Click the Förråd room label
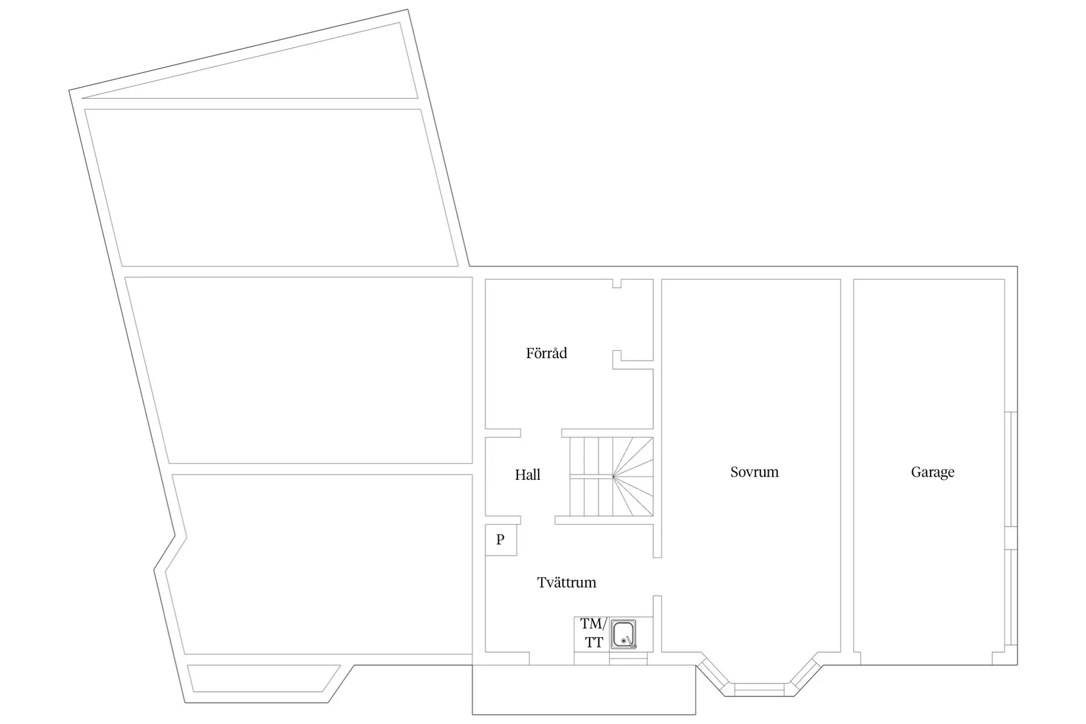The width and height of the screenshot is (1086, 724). click(x=546, y=353)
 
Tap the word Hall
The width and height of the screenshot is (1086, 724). click(x=527, y=475)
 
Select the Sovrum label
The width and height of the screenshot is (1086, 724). click(x=754, y=473)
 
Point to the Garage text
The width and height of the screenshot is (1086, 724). click(x=932, y=473)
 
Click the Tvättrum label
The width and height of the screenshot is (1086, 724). click(x=566, y=582)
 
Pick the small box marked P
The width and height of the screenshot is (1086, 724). click(x=501, y=540)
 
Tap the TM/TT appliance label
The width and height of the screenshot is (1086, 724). click(x=594, y=633)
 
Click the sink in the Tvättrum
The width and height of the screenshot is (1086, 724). click(x=623, y=634)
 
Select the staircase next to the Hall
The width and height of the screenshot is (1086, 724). click(x=611, y=477)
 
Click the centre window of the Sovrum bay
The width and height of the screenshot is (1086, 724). click(x=760, y=689)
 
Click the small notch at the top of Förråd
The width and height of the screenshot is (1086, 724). click(x=617, y=283)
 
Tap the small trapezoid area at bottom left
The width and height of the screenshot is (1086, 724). click(x=264, y=679)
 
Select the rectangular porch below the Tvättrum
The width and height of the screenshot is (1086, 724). click(x=584, y=690)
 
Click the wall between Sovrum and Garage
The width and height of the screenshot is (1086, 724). click(x=847, y=465)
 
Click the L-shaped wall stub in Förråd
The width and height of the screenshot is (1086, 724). click(x=633, y=360)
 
